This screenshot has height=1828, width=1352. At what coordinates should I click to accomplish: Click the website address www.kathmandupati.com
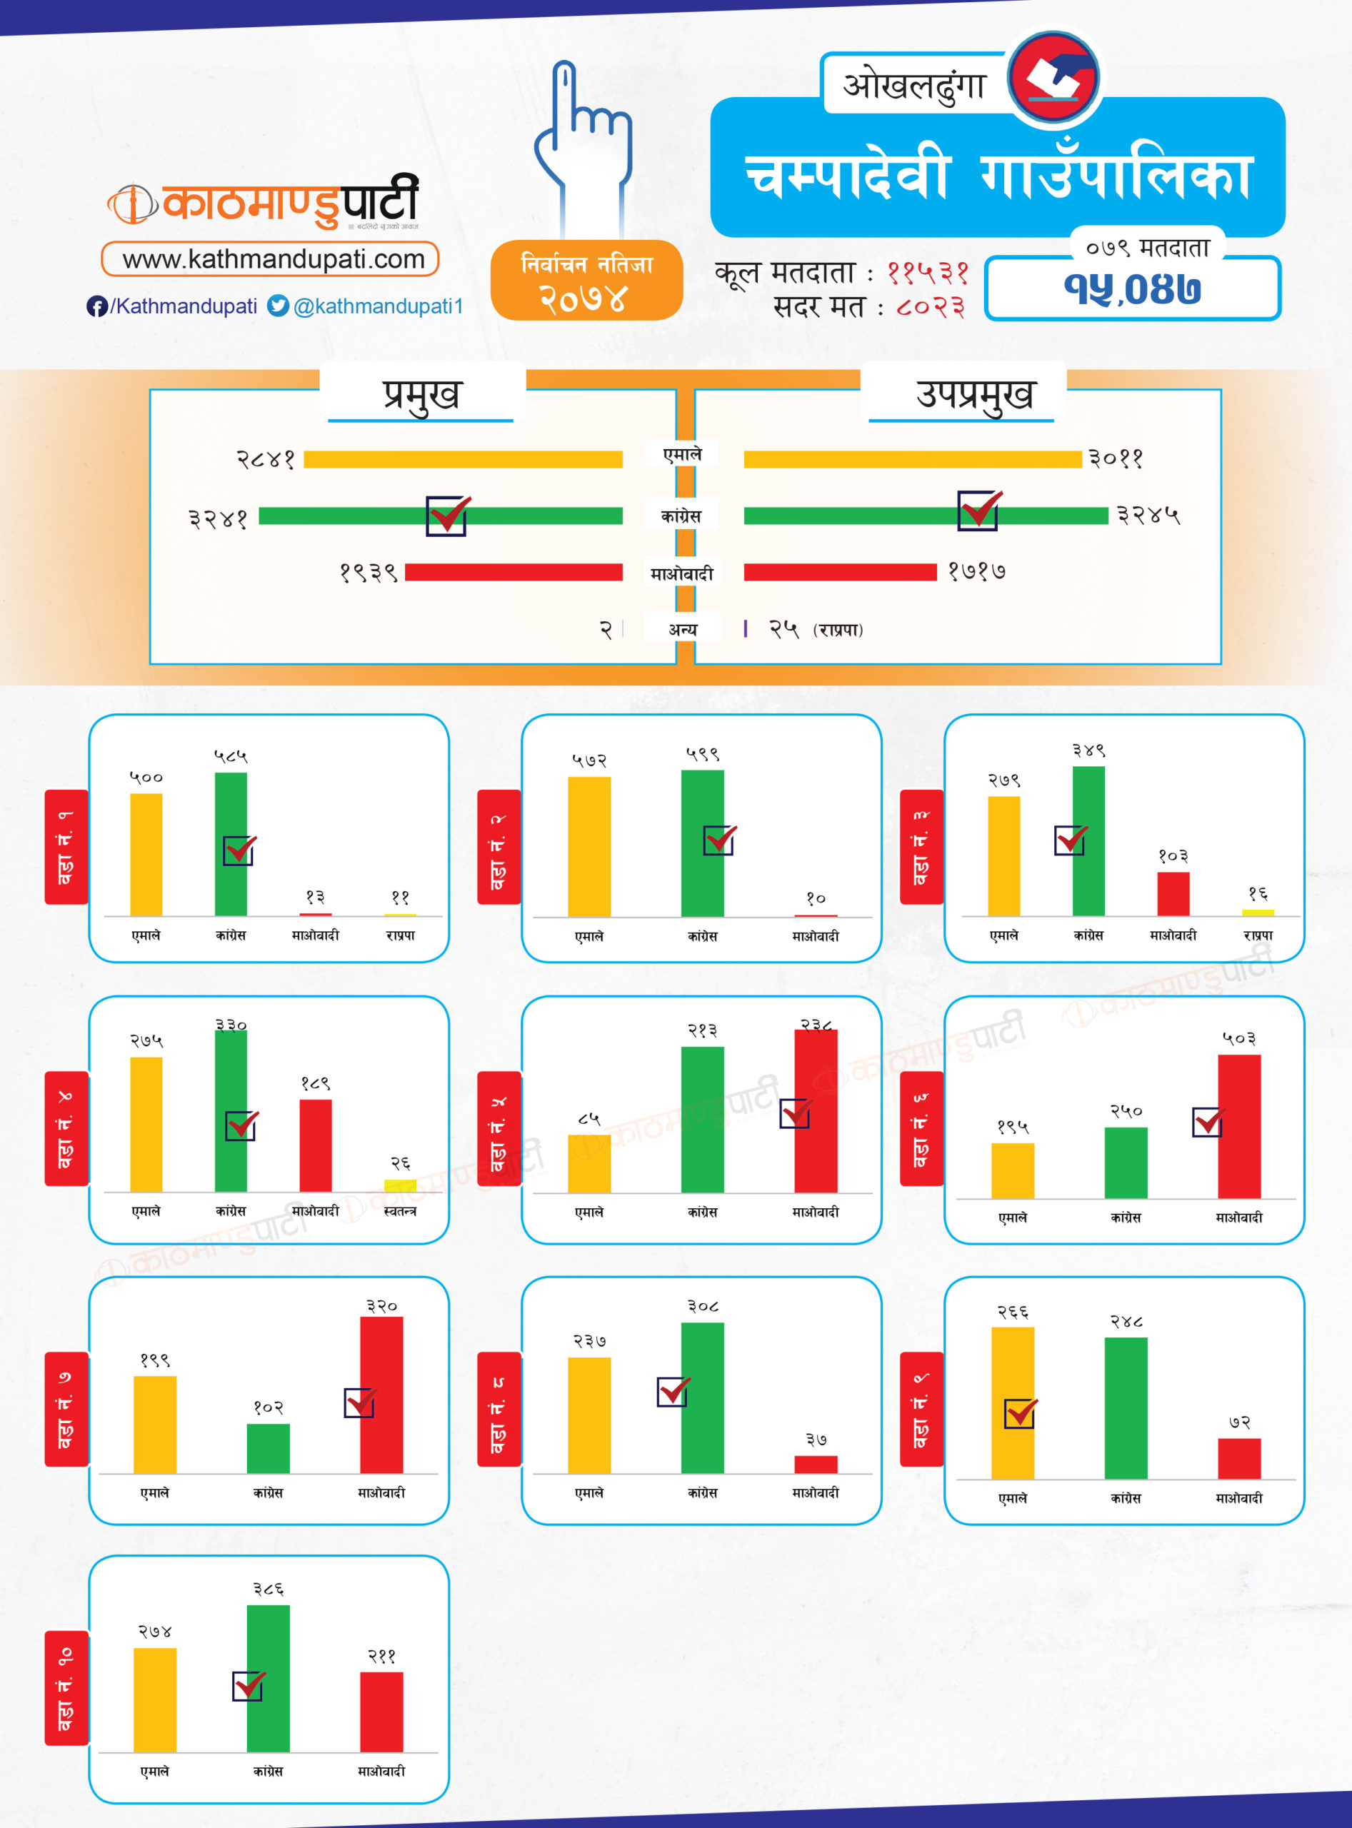tap(274, 259)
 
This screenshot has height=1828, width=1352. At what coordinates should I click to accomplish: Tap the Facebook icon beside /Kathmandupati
tap(96, 306)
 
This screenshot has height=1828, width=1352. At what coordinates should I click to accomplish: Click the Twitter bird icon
tap(279, 305)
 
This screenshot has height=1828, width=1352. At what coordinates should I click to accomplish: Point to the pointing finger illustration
tap(584, 147)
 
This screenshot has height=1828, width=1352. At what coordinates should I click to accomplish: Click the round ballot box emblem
tap(1054, 78)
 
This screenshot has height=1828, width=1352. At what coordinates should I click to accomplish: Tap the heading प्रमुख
tap(421, 394)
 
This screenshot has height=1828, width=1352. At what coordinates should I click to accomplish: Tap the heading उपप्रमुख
tap(974, 394)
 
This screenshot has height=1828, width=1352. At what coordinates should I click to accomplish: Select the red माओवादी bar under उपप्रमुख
tap(840, 572)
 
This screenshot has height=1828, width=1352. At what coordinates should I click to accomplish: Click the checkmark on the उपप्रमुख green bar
tap(978, 510)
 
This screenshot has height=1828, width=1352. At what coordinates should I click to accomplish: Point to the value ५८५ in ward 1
tap(231, 757)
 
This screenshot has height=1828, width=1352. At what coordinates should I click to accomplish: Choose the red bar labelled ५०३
tap(1238, 1126)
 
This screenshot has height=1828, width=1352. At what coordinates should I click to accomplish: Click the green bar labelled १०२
tap(268, 1448)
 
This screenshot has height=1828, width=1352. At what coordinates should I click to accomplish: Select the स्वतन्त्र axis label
tap(400, 1211)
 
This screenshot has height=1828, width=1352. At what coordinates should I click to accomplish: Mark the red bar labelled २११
tap(381, 1712)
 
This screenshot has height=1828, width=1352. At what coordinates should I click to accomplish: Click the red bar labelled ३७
tap(815, 1464)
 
